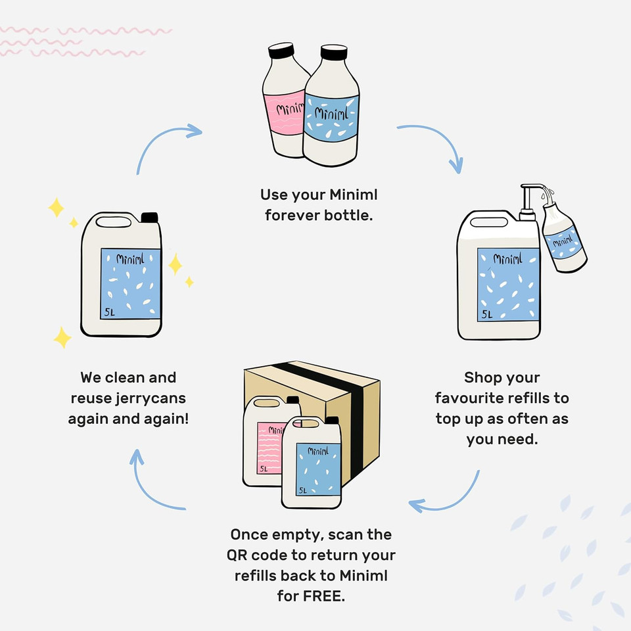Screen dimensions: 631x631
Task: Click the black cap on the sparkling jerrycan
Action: tap(150, 218)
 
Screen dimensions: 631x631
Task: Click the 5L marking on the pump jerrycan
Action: tap(487, 314)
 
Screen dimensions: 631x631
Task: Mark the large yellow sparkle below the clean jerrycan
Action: tap(62, 338)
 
